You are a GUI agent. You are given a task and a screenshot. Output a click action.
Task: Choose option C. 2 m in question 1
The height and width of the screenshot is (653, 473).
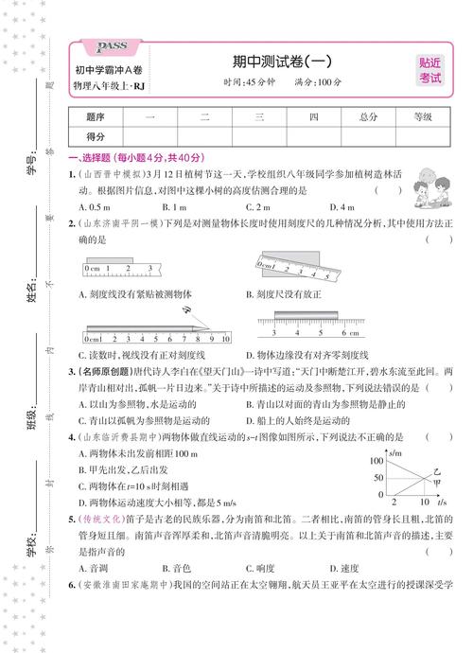click(x=259, y=206)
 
